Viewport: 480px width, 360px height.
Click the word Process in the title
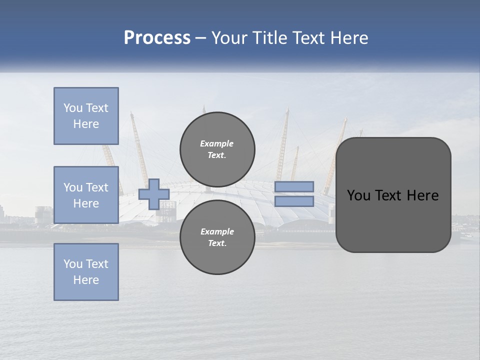click(x=157, y=38)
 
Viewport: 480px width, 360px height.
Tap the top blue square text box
click(x=86, y=116)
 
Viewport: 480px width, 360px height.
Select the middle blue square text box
click(x=86, y=195)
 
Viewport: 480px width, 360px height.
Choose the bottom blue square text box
click(x=86, y=272)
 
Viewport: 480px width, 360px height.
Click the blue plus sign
click(x=153, y=194)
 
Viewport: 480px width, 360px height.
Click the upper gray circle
click(x=217, y=149)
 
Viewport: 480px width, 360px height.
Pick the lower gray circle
click(x=217, y=237)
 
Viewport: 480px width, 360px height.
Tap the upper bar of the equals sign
click(x=294, y=187)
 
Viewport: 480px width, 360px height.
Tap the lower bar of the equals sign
click(x=294, y=201)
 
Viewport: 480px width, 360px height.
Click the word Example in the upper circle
click(x=216, y=143)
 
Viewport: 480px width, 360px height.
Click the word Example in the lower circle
click(x=217, y=231)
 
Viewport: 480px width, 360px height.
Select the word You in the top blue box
click(x=72, y=108)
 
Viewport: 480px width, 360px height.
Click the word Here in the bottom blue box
click(x=86, y=280)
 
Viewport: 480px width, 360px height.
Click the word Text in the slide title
click(x=309, y=38)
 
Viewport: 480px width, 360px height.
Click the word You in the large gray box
click(x=358, y=195)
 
